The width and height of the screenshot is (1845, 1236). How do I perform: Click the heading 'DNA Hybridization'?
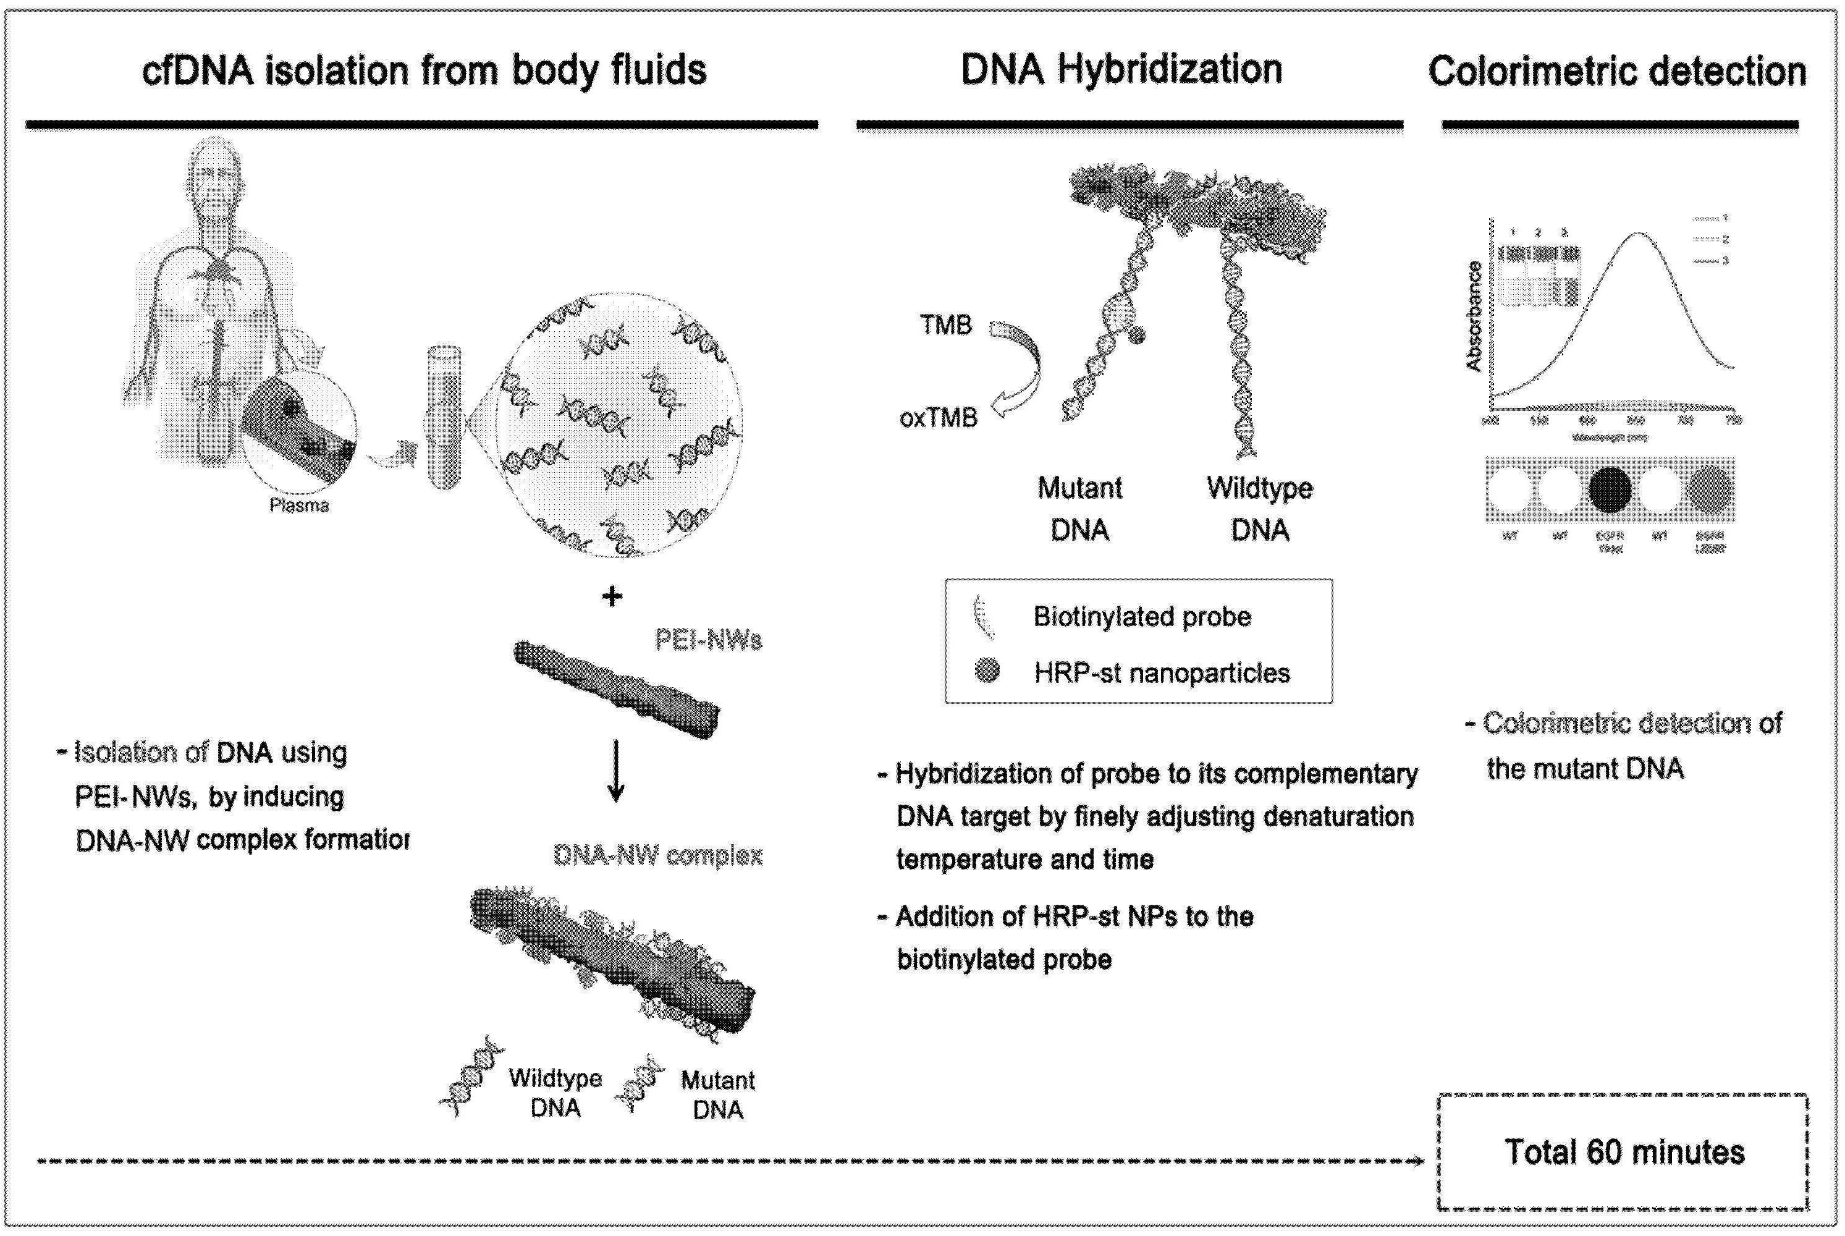tap(1121, 69)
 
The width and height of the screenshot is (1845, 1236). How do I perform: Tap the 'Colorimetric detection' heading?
tap(1617, 71)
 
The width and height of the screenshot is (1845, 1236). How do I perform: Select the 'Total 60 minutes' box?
tap(1624, 1152)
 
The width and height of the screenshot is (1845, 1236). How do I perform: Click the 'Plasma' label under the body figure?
tap(298, 506)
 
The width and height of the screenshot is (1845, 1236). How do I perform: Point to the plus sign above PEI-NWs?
tap(612, 597)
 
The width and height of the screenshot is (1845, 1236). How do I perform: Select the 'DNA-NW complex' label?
tap(657, 855)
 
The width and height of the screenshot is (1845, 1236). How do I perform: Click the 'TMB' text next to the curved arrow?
tap(946, 325)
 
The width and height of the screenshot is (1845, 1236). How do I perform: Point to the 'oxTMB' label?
tap(938, 418)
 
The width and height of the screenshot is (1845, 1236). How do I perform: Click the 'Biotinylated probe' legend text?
tap(1142, 616)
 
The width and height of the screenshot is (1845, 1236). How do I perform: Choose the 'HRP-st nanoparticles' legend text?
tap(1162, 673)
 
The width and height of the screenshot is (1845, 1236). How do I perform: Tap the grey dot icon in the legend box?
tap(987, 671)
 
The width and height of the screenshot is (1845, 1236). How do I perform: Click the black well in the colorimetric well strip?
tap(1610, 489)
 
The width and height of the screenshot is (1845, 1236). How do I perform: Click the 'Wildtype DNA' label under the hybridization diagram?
tap(1259, 509)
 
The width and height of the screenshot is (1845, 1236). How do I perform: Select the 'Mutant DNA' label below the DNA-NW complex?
tap(717, 1094)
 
